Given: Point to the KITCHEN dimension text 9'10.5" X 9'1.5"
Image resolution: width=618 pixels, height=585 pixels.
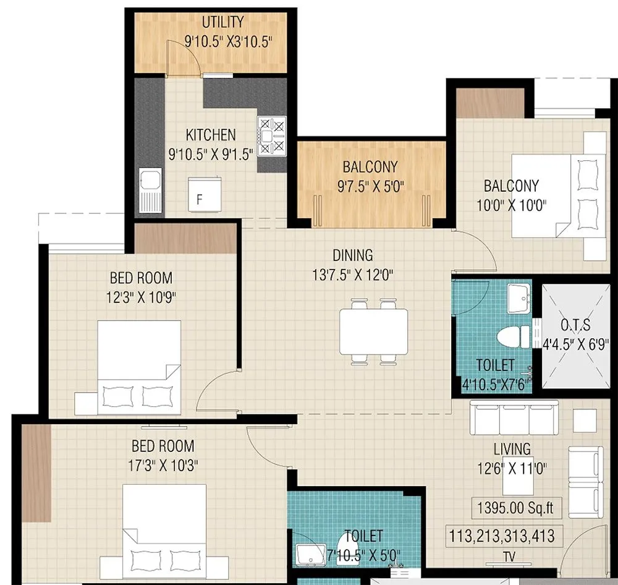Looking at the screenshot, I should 211,155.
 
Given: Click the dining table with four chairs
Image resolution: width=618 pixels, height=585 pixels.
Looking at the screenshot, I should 373,331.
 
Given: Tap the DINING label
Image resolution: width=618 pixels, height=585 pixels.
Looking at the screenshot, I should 352,255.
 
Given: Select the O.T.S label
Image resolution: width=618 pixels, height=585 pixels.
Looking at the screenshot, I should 575,325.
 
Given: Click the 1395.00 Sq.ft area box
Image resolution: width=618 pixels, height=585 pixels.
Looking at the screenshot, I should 515,509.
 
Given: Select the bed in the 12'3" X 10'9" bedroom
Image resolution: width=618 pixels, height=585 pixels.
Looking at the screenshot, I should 139,366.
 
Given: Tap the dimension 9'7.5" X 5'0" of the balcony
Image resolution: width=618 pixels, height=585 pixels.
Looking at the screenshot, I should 370,186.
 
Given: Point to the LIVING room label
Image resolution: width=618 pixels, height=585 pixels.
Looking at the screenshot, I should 512,449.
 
